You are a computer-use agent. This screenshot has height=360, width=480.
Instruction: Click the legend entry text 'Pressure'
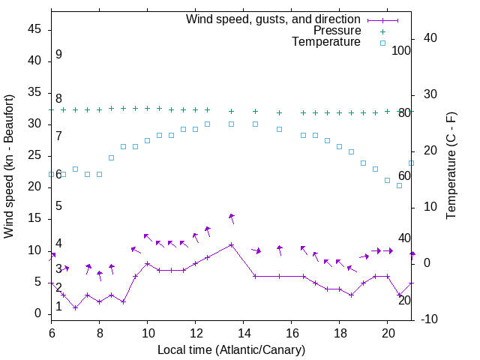pos(337,31)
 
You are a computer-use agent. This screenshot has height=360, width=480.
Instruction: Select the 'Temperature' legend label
pos(326,42)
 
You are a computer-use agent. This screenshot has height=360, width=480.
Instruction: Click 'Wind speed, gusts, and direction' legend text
pos(274,19)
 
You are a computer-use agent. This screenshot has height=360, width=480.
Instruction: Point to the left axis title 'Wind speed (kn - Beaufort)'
pos(9,166)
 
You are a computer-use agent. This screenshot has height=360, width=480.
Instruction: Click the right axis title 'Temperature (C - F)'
pos(451,166)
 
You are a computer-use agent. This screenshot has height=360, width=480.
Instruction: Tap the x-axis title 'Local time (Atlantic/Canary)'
pos(232,349)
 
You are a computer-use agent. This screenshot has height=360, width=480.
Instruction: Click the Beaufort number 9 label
pos(58,55)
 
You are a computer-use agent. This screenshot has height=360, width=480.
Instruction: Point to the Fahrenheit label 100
pos(401,50)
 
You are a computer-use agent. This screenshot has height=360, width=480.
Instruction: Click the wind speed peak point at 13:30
pos(232,244)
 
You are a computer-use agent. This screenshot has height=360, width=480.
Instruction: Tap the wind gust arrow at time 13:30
pos(232,217)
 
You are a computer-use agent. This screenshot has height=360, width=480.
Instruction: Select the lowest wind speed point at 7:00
pos(76,307)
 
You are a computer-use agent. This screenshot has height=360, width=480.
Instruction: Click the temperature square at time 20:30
pos(400,185)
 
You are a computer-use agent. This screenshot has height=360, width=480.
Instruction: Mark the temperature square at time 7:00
pos(76,169)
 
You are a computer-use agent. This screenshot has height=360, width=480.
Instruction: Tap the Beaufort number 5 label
pos(58,205)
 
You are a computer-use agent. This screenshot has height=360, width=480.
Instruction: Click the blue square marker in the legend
pos(382,43)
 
